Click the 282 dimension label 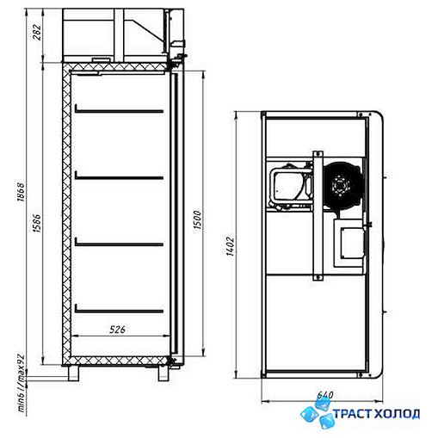(x=38, y=33)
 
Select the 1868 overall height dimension (x=22, y=191)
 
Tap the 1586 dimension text (x=38, y=223)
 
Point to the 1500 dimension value (x=197, y=219)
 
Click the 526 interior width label (x=118, y=330)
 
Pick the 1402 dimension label (x=230, y=246)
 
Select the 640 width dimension (x=325, y=395)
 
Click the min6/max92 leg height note (x=22, y=383)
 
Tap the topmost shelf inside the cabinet (x=119, y=110)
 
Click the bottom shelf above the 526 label (x=119, y=310)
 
